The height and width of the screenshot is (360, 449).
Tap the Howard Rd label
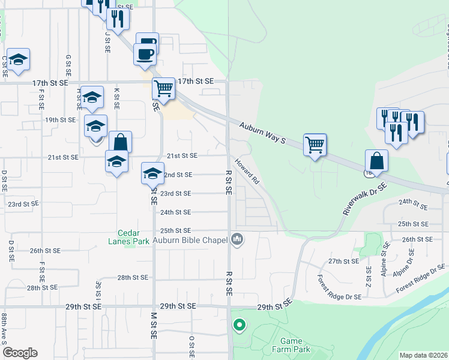[247, 171]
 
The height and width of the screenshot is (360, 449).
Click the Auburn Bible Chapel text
[191, 240]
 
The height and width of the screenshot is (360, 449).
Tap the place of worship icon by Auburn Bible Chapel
[238, 240]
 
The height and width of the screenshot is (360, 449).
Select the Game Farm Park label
[291, 344]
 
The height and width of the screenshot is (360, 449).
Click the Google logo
[20, 353]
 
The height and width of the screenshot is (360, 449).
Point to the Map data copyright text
[423, 355]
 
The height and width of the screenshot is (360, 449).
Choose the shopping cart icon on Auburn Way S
[315, 145]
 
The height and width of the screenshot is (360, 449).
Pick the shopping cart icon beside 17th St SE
[163, 88]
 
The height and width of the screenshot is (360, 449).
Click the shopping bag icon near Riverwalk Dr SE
[376, 161]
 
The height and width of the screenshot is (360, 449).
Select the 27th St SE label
[343, 262]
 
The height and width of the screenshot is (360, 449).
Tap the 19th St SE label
[61, 119]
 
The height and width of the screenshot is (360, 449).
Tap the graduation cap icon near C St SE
[19, 59]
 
